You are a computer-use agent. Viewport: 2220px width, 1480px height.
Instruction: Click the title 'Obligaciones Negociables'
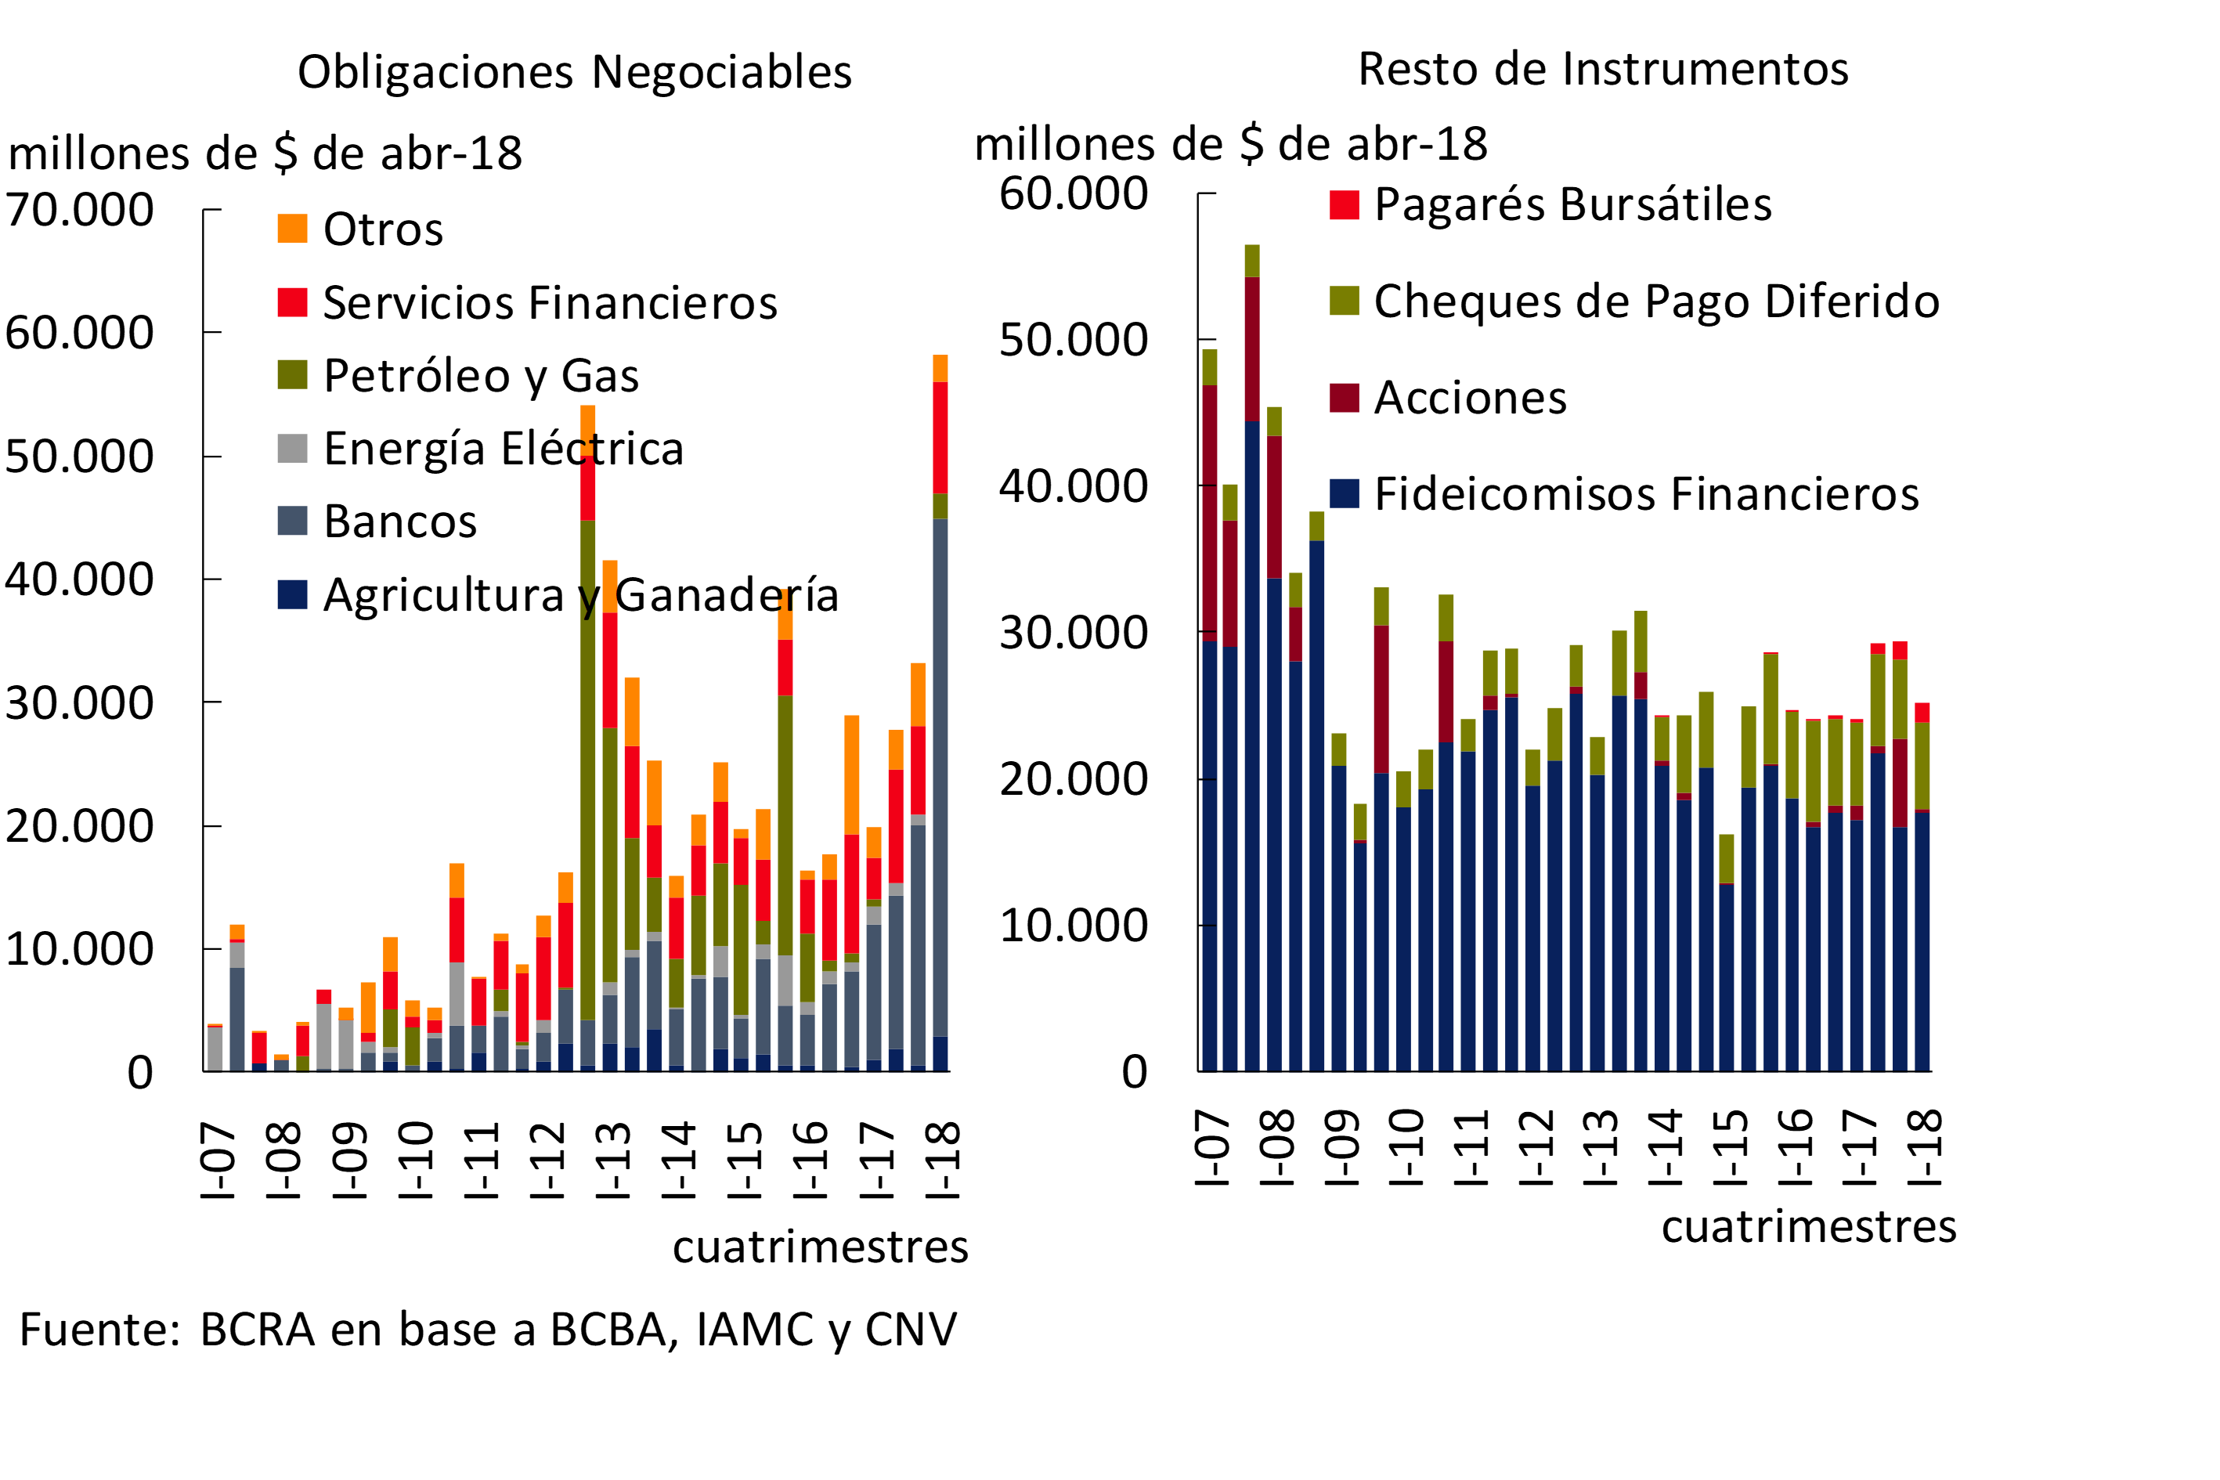[574, 73]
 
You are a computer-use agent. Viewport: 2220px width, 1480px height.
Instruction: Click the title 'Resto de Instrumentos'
[1603, 70]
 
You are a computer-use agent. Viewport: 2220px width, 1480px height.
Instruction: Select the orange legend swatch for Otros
[293, 229]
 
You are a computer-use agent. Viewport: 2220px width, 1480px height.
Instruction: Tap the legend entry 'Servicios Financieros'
[550, 303]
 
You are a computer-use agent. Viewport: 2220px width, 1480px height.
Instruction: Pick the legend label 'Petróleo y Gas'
[481, 376]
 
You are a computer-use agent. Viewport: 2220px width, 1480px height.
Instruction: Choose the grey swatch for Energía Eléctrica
[293, 449]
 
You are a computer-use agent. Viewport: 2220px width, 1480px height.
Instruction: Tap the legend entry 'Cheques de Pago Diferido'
[1656, 301]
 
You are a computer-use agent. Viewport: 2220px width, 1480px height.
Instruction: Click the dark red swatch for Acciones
[1344, 397]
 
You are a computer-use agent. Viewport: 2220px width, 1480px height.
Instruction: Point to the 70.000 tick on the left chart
[79, 210]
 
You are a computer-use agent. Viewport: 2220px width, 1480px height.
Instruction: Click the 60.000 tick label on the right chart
[1073, 193]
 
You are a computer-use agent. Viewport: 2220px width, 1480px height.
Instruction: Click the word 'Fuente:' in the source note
[100, 1330]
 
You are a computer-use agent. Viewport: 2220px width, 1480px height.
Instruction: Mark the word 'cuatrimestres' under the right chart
[1808, 1227]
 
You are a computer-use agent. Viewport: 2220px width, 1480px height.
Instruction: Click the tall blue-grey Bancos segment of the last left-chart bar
[940, 774]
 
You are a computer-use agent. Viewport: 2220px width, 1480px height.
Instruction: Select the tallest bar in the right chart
[1251, 661]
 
